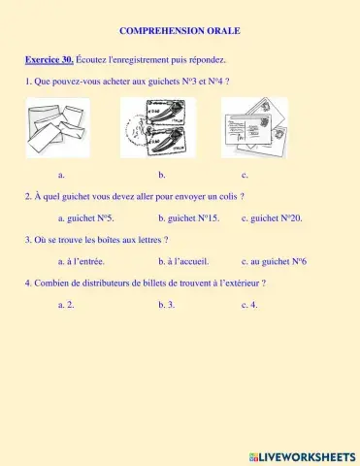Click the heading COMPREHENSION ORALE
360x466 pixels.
click(x=180, y=31)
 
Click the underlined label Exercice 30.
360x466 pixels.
click(x=50, y=59)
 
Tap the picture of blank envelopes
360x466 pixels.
click(x=57, y=127)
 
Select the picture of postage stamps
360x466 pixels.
click(x=157, y=127)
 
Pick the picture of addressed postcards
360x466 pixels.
click(x=254, y=127)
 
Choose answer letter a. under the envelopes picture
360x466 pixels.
click(x=61, y=175)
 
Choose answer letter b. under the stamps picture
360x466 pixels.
click(x=162, y=175)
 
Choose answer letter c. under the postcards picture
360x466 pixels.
click(x=245, y=175)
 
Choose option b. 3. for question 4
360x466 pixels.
click(x=166, y=305)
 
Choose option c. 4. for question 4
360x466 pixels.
click(x=249, y=305)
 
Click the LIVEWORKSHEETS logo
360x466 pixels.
click(x=302, y=455)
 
